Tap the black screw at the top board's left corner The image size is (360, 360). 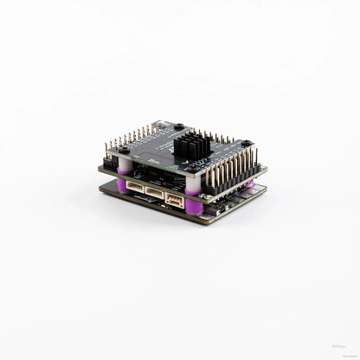(125, 151)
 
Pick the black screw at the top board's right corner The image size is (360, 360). (247, 144)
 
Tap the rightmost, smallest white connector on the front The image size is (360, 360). (176, 200)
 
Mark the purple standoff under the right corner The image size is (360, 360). (248, 183)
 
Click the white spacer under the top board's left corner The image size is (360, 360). (125, 164)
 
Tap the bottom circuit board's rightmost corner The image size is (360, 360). (267, 194)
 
